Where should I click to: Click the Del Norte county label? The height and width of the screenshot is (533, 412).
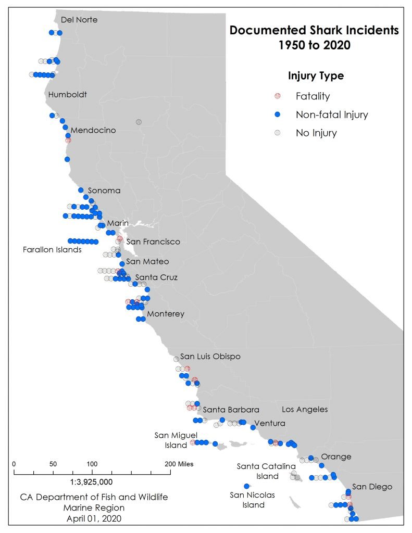click(79, 20)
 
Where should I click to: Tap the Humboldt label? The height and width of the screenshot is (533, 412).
click(67, 95)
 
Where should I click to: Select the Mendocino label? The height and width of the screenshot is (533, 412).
click(93, 130)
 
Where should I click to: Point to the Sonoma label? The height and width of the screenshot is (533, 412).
click(104, 191)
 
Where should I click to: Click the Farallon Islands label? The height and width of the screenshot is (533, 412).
click(52, 250)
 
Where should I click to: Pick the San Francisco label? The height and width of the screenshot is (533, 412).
click(154, 242)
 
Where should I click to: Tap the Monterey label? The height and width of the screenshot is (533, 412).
click(166, 314)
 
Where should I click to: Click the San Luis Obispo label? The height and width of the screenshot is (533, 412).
click(210, 357)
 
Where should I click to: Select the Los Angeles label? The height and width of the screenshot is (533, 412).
click(305, 410)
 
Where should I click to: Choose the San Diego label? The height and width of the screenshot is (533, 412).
click(372, 487)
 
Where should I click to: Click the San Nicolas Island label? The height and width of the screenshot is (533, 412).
click(252, 500)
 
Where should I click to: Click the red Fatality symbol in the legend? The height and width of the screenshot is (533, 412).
click(278, 96)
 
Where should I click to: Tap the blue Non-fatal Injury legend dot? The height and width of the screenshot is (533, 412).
click(278, 115)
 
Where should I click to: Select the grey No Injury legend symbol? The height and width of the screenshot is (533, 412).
click(278, 133)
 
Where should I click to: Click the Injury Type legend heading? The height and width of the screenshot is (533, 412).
click(316, 76)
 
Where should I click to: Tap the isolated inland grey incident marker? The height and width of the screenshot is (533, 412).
click(139, 122)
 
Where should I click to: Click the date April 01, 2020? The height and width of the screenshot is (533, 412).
click(94, 519)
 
